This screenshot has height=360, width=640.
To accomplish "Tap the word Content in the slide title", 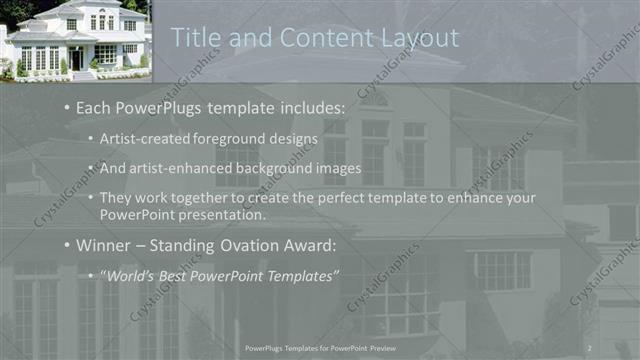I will [317, 38].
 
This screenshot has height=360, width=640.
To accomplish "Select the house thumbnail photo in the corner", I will [75, 41].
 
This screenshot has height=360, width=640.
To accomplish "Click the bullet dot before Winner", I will [66, 244].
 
